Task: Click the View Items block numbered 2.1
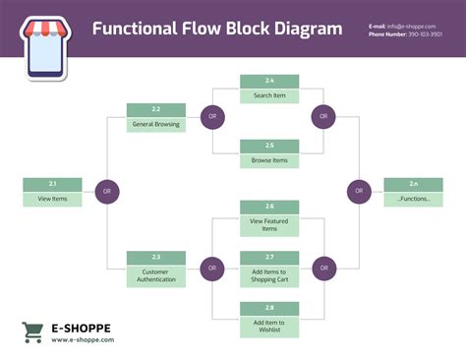pyautogui.click(x=53, y=192)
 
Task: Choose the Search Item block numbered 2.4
pyautogui.click(x=269, y=89)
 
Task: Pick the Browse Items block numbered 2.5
pyautogui.click(x=269, y=153)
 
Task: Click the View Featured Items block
pyautogui.click(x=269, y=219)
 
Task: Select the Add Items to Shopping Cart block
pyautogui.click(x=269, y=269)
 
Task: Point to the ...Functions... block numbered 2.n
pyautogui.click(x=414, y=192)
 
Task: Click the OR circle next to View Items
pyautogui.click(x=107, y=191)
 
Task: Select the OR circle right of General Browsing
pyautogui.click(x=211, y=117)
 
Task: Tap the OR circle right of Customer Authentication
pyautogui.click(x=211, y=267)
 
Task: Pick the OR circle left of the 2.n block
pyautogui.click(x=359, y=191)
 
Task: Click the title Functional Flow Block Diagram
pyautogui.click(x=217, y=28)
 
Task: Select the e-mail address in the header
pyautogui.click(x=413, y=24)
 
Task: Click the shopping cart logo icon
pyautogui.click(x=32, y=332)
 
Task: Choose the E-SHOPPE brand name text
pyautogui.click(x=81, y=328)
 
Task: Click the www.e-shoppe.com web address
pyautogui.click(x=83, y=340)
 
